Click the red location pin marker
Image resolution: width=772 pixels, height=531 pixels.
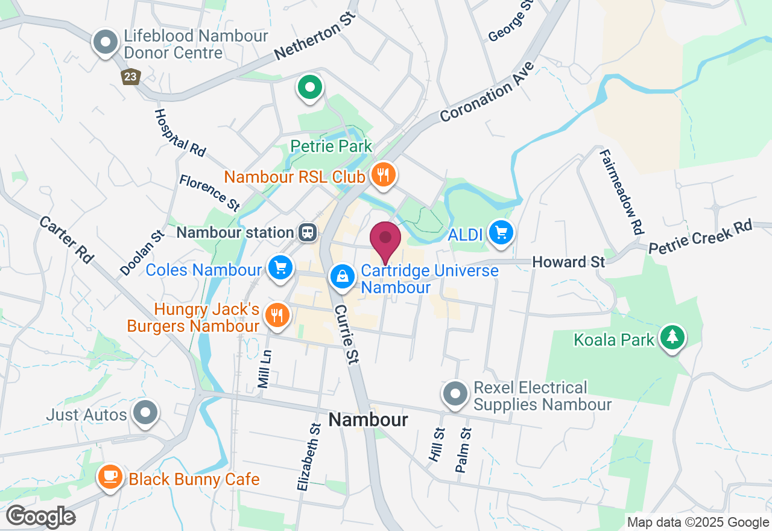pyautogui.click(x=385, y=238)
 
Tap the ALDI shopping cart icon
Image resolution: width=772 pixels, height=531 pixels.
pyautogui.click(x=501, y=232)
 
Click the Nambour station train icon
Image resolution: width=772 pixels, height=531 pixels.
pyautogui.click(x=308, y=232)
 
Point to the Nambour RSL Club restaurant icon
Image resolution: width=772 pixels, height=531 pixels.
pyautogui.click(x=382, y=175)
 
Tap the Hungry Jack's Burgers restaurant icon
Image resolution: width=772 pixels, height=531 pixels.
pyautogui.click(x=277, y=316)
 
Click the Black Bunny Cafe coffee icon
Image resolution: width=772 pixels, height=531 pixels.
pyautogui.click(x=110, y=476)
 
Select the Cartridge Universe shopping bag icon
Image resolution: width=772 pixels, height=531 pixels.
pyautogui.click(x=342, y=276)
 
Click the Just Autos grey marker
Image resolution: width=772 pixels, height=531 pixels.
pyautogui.click(x=145, y=413)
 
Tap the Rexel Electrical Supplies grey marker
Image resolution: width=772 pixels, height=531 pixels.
pyautogui.click(x=455, y=393)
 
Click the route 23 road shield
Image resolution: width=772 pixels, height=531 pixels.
pyautogui.click(x=131, y=76)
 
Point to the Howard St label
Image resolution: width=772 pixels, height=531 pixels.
pyautogui.click(x=569, y=262)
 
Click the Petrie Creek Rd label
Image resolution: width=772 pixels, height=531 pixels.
pyautogui.click(x=701, y=236)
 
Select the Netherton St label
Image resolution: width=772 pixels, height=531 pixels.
pyautogui.click(x=315, y=35)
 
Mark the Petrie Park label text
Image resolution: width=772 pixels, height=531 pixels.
pyautogui.click(x=331, y=146)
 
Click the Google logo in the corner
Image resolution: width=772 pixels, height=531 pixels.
pyautogui.click(x=41, y=517)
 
